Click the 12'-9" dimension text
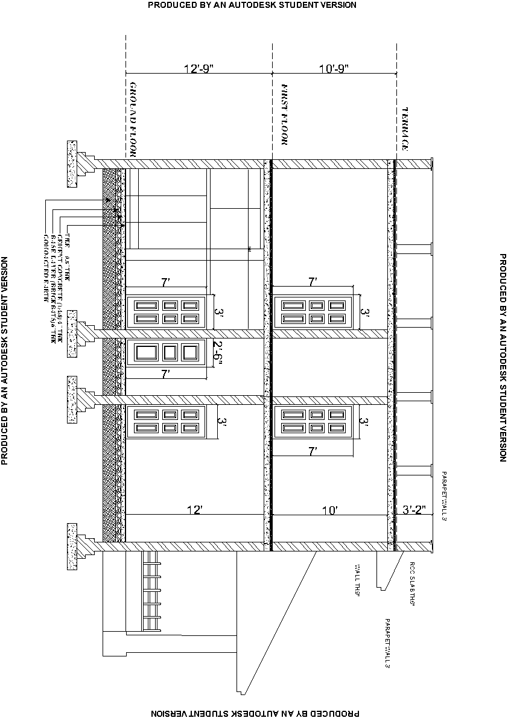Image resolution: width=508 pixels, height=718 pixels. tap(200, 69)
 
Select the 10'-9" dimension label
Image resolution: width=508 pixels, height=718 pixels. tap(334, 69)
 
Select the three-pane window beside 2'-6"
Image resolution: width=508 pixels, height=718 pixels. tap(167, 352)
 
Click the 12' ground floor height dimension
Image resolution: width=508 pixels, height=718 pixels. tap(194, 510)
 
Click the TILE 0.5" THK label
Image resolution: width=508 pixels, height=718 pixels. tap(68, 250)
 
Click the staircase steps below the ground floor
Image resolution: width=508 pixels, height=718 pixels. tap(153, 591)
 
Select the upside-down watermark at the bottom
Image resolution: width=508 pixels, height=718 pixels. tap(253, 713)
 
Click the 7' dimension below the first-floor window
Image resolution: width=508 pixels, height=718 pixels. tap(313, 451)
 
